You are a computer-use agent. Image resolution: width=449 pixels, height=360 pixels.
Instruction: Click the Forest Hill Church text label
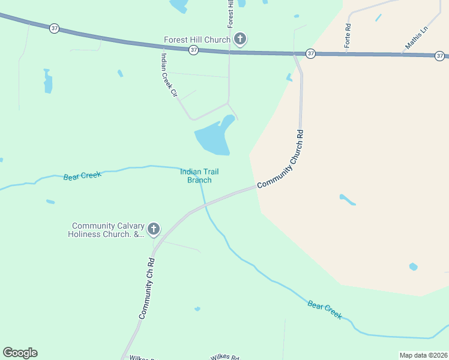click(197, 40)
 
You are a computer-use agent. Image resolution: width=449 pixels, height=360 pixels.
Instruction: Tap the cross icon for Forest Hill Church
click(240, 40)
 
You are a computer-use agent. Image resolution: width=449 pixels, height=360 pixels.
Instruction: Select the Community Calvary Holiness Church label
click(108, 230)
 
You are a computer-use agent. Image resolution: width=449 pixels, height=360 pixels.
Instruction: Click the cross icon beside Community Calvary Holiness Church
click(154, 229)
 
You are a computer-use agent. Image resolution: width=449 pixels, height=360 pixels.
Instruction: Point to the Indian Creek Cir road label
click(169, 75)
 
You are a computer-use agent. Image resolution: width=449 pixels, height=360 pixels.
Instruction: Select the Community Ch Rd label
click(147, 289)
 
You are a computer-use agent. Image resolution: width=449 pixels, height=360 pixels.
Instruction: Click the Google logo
click(20, 353)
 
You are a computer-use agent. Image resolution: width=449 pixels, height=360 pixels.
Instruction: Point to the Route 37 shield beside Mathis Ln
click(441, 56)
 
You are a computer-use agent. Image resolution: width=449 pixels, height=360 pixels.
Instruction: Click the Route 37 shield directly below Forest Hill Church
click(193, 51)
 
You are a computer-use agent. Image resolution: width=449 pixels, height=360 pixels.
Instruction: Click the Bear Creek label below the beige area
click(325, 310)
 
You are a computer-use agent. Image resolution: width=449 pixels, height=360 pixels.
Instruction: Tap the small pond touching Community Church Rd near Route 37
click(289, 77)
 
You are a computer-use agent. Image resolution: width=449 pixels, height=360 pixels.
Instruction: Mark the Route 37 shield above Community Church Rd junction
click(310, 53)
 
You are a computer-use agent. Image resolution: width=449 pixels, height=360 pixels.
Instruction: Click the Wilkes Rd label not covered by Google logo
click(225, 357)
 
